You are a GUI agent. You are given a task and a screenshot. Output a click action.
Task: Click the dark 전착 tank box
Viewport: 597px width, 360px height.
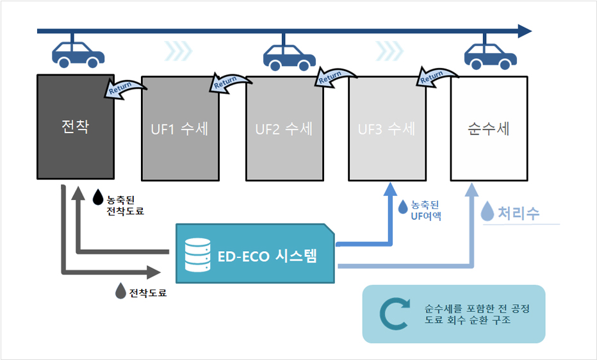[x=75, y=127]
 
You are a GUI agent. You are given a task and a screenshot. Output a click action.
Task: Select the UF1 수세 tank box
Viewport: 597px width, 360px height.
[x=180, y=128]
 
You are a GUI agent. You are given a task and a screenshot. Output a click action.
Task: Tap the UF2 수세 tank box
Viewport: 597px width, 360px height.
[x=284, y=128]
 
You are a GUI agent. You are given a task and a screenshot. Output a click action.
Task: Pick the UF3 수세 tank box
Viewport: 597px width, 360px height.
[x=386, y=128]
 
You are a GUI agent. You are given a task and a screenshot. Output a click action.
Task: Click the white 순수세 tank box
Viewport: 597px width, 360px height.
[x=489, y=128]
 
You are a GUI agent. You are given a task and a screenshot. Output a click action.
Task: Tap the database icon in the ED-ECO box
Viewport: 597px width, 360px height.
[x=197, y=255]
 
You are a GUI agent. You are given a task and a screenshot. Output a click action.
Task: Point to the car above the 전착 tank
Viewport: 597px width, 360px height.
[x=78, y=54]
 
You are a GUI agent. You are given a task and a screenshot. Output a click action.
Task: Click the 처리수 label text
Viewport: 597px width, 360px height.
[x=519, y=213]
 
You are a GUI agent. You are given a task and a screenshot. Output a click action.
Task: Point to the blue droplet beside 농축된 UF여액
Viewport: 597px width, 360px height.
[x=403, y=207]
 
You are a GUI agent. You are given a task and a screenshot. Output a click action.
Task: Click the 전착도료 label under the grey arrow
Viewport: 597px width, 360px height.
[x=148, y=293]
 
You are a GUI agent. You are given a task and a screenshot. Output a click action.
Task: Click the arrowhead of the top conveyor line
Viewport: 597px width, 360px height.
[x=525, y=31]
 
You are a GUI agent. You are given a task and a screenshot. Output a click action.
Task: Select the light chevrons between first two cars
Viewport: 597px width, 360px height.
[x=177, y=51]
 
